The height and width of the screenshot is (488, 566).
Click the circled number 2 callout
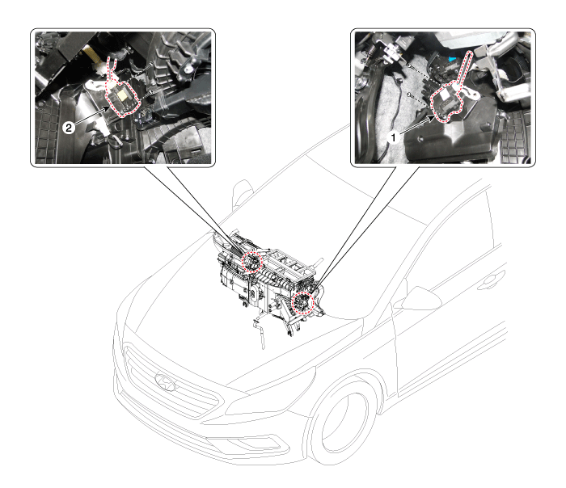tap(69, 128)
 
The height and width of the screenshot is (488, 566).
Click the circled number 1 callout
tap(394, 138)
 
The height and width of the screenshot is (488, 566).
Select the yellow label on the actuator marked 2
tap(124, 95)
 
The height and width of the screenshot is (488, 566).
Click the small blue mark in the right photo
tap(452, 58)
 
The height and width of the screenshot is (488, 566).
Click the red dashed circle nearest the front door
tap(302, 302)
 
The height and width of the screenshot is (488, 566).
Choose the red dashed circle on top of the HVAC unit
tap(251, 261)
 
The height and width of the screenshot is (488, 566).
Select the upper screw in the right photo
tap(410, 66)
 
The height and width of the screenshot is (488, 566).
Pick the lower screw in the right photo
tap(409, 95)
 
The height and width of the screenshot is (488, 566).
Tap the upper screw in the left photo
tap(151, 64)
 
